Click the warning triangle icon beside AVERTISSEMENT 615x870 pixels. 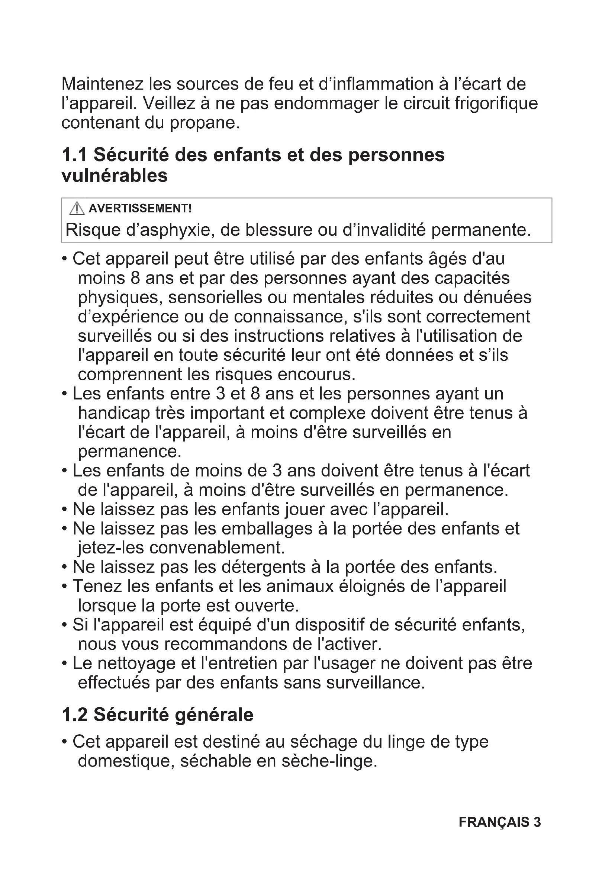[x=77, y=208]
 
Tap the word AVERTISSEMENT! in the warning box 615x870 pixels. [x=140, y=208]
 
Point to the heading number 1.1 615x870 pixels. [x=74, y=155]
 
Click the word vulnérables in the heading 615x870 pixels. [x=115, y=176]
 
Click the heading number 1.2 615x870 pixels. [x=74, y=715]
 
